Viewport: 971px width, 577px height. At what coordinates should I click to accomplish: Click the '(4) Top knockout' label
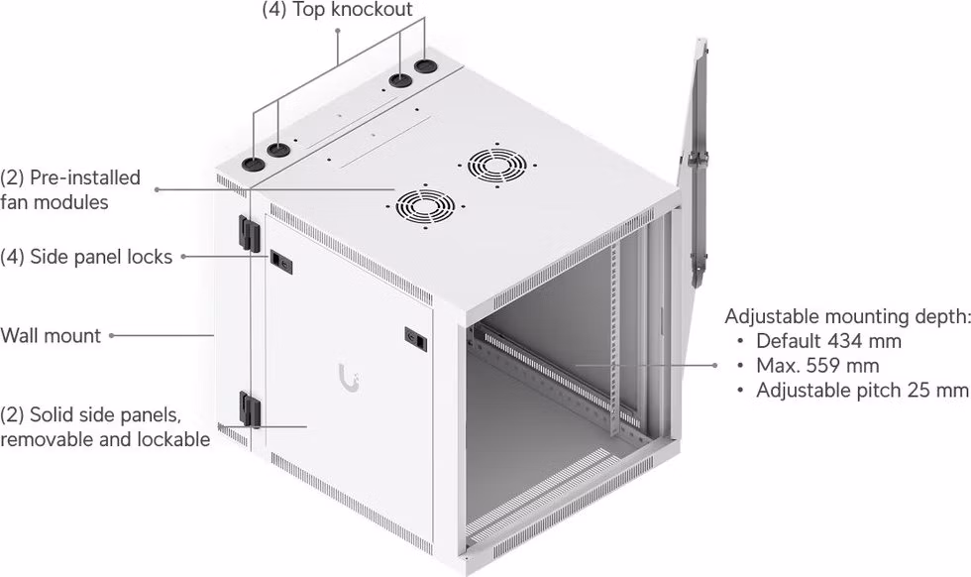pos(337,9)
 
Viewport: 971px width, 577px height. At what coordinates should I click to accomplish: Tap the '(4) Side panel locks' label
pos(86,257)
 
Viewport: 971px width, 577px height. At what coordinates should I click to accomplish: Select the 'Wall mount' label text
pos(51,335)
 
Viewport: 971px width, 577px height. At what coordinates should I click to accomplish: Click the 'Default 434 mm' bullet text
pos(828,341)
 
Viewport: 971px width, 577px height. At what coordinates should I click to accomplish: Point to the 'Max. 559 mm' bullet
pos(817,366)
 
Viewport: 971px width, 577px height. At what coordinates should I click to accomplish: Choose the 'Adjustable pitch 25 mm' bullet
pos(862,391)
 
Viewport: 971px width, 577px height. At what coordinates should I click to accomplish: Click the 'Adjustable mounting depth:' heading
pos(847,316)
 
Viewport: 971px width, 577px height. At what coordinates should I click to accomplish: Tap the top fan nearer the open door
pos(496,165)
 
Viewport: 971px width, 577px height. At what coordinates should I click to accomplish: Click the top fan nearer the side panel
pos(425,205)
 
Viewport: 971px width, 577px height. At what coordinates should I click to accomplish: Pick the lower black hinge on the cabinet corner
pos(250,408)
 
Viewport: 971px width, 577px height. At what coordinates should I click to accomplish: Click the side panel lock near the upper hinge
pos(279,262)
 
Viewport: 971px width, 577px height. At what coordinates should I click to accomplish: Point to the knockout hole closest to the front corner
pos(253,164)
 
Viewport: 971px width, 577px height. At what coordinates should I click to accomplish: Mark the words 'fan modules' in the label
pos(54,202)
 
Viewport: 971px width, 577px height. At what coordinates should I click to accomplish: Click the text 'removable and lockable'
pos(105,439)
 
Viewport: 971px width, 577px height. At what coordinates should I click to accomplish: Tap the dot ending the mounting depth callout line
pos(714,366)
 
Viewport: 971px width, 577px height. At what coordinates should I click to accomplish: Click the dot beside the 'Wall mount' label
pos(112,335)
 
